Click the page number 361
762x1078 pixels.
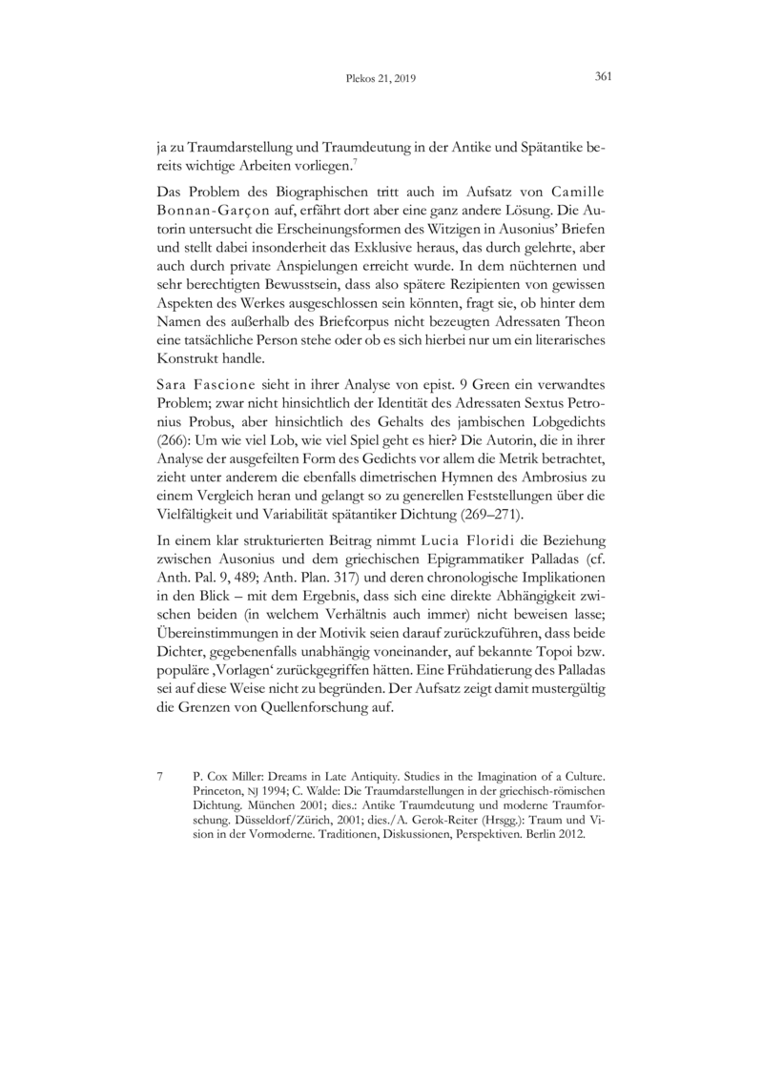[602, 77]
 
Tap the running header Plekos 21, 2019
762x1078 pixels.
[381, 79]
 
